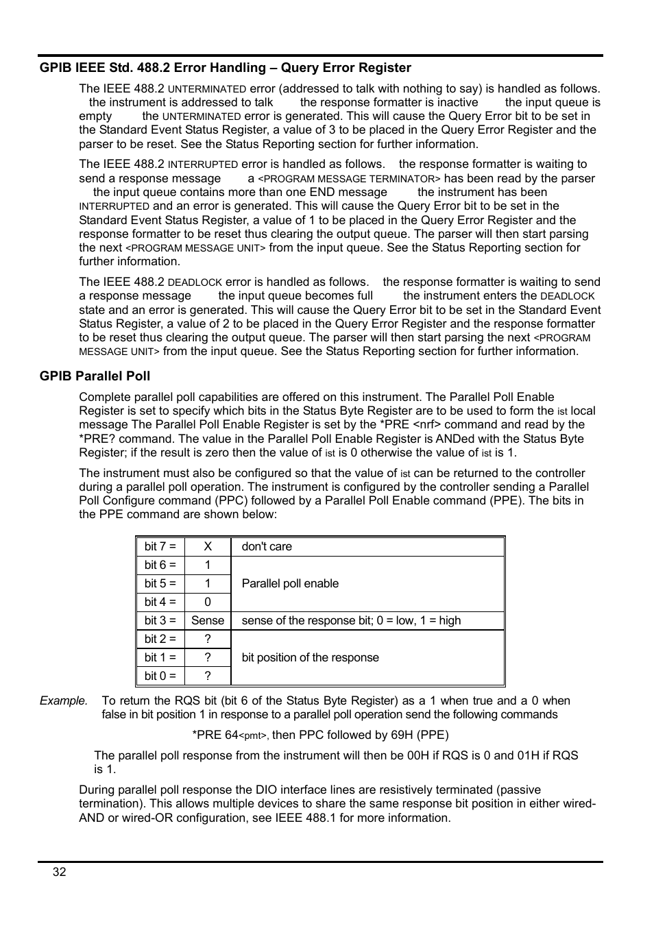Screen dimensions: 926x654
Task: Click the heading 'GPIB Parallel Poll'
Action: click(95, 376)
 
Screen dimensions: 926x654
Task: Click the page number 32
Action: click(60, 872)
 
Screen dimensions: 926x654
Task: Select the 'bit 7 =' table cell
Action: click(160, 547)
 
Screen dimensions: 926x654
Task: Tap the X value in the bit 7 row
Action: click(208, 547)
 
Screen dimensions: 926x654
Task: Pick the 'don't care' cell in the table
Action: click(267, 547)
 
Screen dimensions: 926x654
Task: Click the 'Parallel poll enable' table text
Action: click(290, 584)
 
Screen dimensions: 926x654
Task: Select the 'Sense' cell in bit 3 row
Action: click(208, 621)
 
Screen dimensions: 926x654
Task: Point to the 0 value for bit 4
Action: click(208, 602)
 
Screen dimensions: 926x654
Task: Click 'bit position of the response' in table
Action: click(310, 658)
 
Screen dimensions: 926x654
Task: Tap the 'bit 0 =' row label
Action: click(160, 677)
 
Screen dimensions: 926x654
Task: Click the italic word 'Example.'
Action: click(64, 701)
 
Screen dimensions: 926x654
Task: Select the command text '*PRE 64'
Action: click(215, 735)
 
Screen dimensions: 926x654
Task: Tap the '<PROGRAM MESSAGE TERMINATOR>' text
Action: click(349, 179)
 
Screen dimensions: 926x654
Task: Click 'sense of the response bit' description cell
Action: click(351, 621)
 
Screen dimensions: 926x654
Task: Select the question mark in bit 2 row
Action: click(208, 639)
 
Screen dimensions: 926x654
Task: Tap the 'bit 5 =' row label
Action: click(160, 584)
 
